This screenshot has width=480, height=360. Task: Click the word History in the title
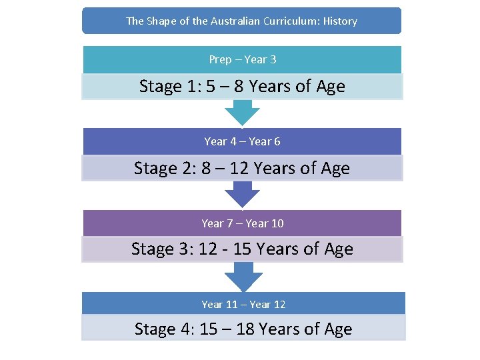click(x=340, y=21)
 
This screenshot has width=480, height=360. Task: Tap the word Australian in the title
click(x=235, y=21)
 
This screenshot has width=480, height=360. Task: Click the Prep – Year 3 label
click(x=242, y=59)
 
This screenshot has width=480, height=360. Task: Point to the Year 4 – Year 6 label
click(x=242, y=141)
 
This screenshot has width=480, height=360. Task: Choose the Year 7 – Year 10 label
click(x=242, y=223)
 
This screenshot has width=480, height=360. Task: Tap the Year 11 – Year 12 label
click(x=243, y=305)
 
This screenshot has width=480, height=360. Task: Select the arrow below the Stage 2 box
click(x=242, y=194)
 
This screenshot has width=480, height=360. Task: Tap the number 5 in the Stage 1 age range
click(x=211, y=87)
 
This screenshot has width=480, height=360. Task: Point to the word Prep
click(x=220, y=59)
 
